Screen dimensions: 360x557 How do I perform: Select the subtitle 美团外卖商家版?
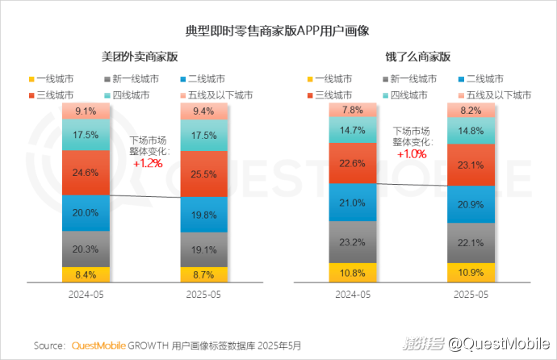(139, 57)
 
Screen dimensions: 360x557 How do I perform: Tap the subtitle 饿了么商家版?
(417, 57)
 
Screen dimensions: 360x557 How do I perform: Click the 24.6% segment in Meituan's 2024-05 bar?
(86, 172)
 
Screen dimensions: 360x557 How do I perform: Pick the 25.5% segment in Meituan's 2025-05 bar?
(203, 174)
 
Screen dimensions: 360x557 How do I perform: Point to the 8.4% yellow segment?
(86, 274)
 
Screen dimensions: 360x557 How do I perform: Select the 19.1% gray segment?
(203, 250)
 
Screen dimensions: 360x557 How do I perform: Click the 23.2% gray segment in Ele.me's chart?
(352, 241)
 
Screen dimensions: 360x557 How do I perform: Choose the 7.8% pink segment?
(352, 110)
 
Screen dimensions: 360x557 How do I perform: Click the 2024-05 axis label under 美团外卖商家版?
(86, 295)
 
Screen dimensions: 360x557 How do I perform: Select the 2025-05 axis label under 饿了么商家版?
(471, 295)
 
